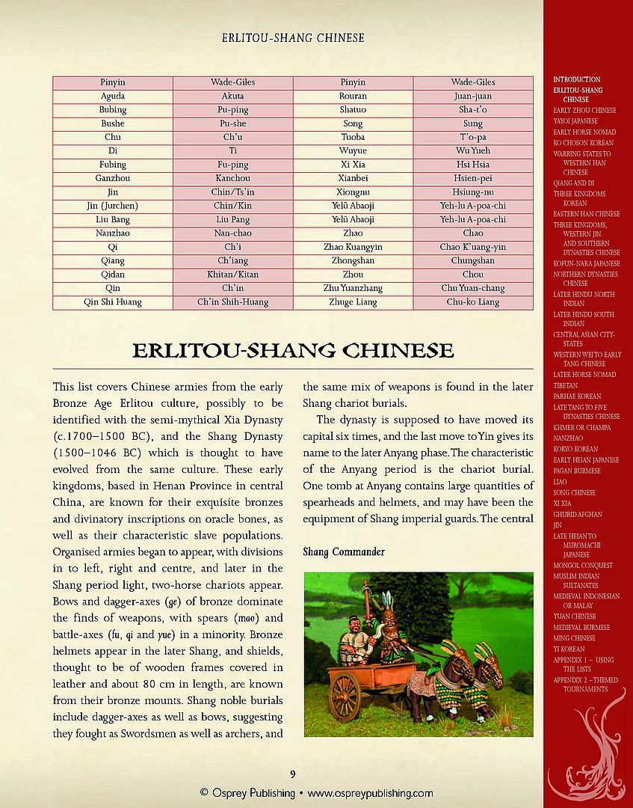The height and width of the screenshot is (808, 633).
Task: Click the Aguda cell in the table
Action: [x=112, y=96]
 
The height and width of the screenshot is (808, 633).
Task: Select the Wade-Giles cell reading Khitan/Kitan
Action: [x=232, y=275]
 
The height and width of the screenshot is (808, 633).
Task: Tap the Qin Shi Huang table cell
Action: [x=112, y=302]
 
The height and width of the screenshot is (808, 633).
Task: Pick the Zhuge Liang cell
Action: [x=353, y=302]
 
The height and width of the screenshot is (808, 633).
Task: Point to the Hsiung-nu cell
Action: [x=472, y=192]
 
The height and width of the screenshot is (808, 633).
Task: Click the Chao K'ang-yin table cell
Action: [x=472, y=247]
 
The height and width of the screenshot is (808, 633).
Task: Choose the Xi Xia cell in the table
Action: [x=353, y=165]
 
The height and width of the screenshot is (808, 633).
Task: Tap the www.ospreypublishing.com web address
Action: [x=371, y=793]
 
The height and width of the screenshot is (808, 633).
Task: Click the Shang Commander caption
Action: [x=344, y=552]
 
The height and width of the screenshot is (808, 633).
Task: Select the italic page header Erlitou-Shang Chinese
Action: [x=293, y=37]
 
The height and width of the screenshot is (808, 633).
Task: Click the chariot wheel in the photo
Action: [x=345, y=696]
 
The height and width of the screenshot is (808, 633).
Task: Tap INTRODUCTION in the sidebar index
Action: [x=576, y=79]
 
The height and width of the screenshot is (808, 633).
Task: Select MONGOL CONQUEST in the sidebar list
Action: [x=583, y=566]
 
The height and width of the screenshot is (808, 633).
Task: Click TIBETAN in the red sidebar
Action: [x=566, y=385]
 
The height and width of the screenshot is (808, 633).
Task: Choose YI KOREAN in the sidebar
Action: [x=569, y=649]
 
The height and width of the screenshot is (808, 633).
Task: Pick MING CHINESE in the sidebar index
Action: [x=574, y=638]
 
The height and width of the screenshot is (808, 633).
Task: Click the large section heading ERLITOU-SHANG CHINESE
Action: [x=293, y=350]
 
